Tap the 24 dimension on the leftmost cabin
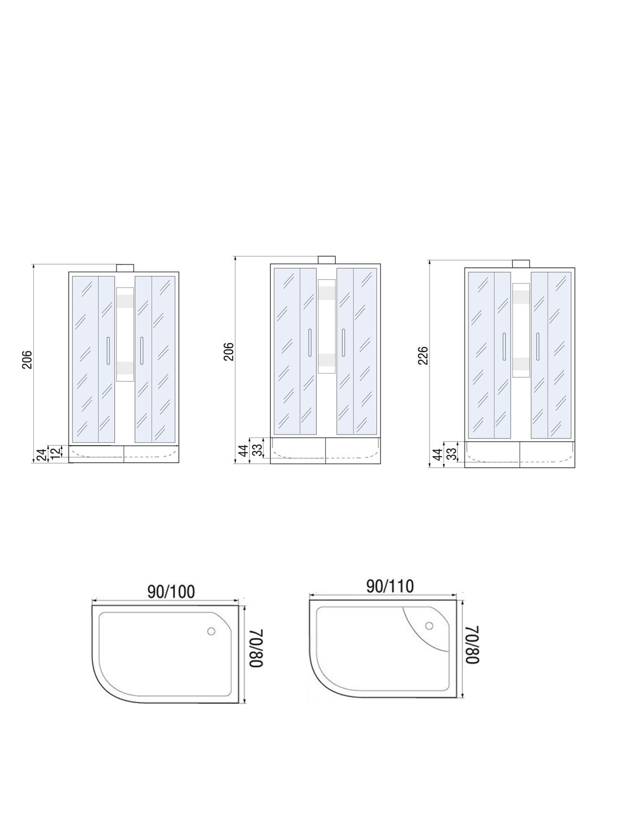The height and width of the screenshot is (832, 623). (x=42, y=454)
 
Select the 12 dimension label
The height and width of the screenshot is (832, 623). (x=55, y=452)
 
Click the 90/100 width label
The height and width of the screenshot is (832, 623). (x=171, y=591)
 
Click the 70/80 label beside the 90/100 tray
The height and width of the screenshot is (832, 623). (x=256, y=649)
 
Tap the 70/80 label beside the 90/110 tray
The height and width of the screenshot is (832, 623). (x=472, y=645)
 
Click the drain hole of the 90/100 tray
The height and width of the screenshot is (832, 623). (x=212, y=631)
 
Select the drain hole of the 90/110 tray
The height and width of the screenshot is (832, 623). (x=429, y=625)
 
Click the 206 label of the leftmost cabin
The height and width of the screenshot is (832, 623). (x=27, y=360)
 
